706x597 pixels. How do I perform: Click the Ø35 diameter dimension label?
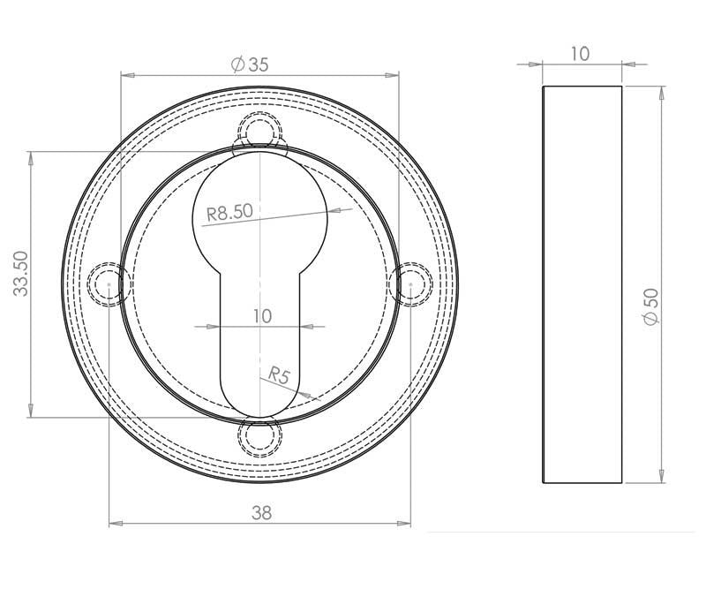(x=249, y=64)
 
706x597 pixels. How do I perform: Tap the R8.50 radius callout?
(x=229, y=212)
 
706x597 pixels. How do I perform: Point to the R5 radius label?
(x=280, y=375)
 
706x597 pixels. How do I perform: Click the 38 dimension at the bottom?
(x=260, y=512)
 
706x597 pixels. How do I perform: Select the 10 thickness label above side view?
(x=580, y=54)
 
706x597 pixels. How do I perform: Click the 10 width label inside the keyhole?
(x=262, y=315)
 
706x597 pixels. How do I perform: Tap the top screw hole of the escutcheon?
(x=260, y=133)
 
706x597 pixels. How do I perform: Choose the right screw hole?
(x=411, y=284)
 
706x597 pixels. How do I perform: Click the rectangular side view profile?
(x=582, y=284)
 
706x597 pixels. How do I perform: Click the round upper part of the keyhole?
(x=260, y=203)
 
